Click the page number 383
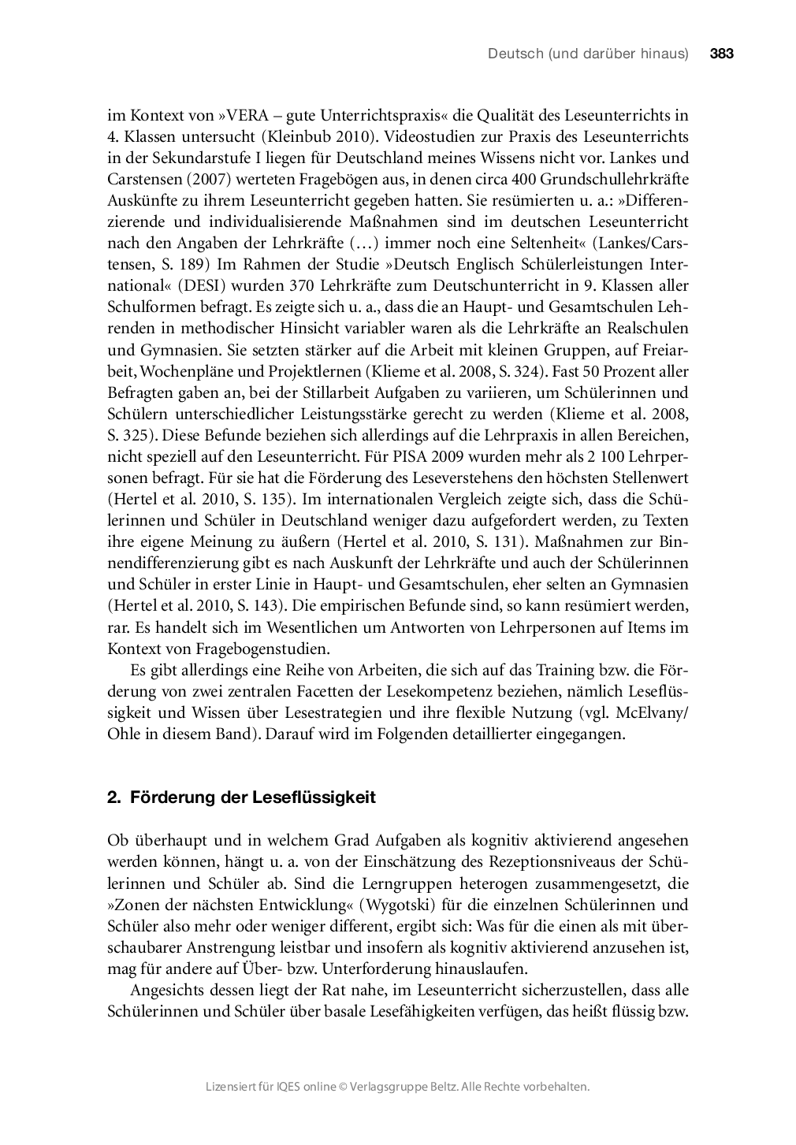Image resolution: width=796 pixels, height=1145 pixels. [x=721, y=54]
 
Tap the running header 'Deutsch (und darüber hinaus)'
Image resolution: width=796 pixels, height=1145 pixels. [x=588, y=54]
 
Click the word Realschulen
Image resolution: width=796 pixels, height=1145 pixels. [x=645, y=329]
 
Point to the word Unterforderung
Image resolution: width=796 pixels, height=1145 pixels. [x=376, y=968]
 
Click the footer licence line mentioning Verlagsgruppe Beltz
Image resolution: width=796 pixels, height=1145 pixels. [x=397, y=1086]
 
